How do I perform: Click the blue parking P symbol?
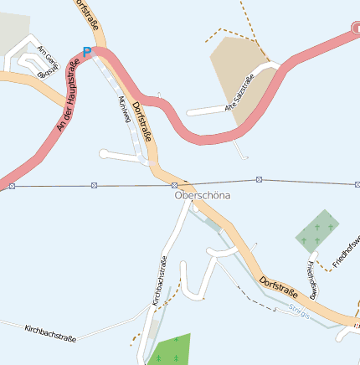pos(86,52)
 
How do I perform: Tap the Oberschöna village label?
pos(202,195)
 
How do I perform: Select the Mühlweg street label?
pos(126,110)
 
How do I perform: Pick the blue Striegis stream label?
pos(299,312)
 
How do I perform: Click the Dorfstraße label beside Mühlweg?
pos(144,121)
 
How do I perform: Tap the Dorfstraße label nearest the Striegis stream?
pos(278,289)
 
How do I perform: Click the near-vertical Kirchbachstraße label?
pos(159,280)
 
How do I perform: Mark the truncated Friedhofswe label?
pos(346,251)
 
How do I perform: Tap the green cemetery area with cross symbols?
pos(319,230)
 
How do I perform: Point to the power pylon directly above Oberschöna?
pos(174,184)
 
